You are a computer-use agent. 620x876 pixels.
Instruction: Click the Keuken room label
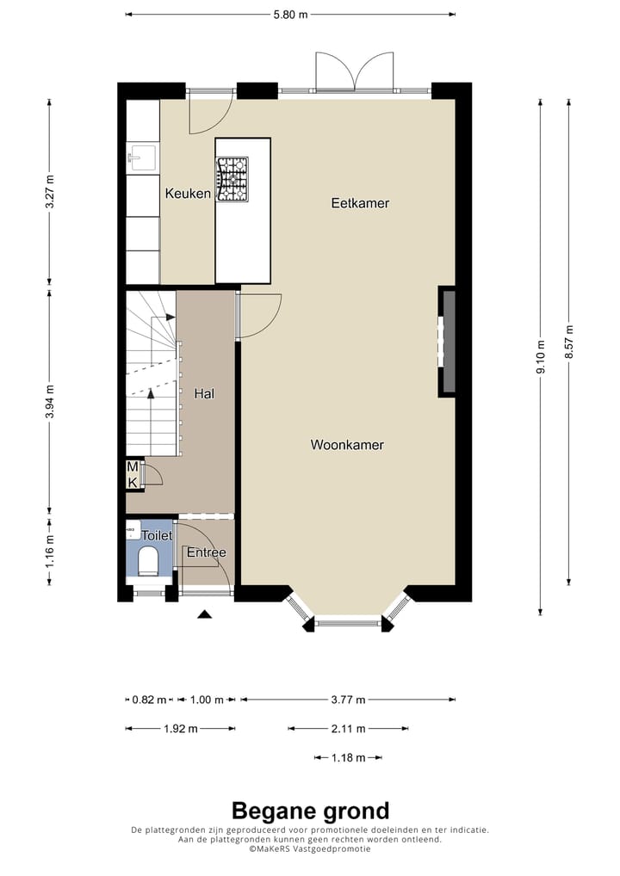click(x=188, y=194)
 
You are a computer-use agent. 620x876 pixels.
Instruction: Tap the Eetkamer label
click(x=360, y=203)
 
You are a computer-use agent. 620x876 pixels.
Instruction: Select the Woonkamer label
click(x=347, y=445)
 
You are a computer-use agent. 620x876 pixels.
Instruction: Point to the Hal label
click(x=204, y=394)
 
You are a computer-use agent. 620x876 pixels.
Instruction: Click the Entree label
click(x=207, y=552)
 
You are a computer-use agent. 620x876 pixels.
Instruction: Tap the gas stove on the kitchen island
click(x=232, y=179)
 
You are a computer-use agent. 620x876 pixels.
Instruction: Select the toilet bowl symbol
click(x=149, y=561)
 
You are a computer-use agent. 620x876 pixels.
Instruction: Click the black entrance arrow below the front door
click(x=205, y=614)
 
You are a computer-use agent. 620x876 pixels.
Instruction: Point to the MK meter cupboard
click(x=133, y=475)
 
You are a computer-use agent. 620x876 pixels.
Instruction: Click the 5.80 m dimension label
click(x=290, y=15)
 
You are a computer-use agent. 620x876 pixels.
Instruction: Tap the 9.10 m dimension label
click(x=541, y=357)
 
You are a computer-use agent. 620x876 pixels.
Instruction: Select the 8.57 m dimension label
click(x=569, y=342)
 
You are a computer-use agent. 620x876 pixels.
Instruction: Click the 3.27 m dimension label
click(x=50, y=192)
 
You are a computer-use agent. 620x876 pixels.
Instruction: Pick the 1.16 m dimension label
click(x=50, y=552)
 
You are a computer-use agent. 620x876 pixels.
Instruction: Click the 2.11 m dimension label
click(x=348, y=729)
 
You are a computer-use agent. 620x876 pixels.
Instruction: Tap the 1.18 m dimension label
click(x=348, y=758)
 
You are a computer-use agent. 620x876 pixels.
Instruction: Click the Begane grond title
click(x=310, y=811)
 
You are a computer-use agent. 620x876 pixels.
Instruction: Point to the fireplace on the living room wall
click(x=447, y=342)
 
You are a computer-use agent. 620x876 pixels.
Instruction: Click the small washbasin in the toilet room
click(x=133, y=529)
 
